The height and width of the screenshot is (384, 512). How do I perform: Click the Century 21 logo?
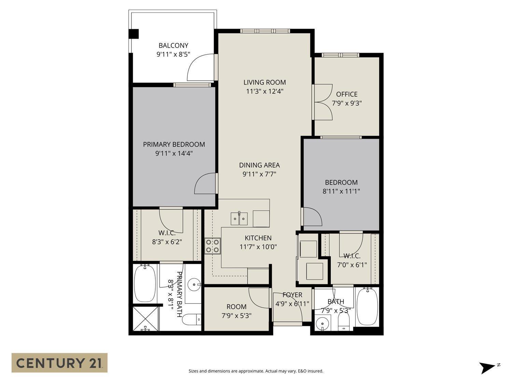(59, 362)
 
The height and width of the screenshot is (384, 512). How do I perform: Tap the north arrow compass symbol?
(487, 368)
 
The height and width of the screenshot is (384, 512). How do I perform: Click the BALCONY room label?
(173, 45)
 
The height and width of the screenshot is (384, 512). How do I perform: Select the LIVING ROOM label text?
(265, 82)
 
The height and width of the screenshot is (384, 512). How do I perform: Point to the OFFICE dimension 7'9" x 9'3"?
(347, 103)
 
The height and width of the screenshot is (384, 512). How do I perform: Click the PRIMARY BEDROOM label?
(174, 144)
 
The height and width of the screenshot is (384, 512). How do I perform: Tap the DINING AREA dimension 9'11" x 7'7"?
(259, 174)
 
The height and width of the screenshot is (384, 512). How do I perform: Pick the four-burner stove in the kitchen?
(213, 246)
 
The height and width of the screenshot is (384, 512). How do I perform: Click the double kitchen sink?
(239, 218)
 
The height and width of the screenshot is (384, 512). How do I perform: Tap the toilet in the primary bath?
(191, 320)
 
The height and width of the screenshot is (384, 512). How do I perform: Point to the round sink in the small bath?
(322, 323)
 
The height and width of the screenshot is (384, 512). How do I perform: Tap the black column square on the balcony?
(133, 34)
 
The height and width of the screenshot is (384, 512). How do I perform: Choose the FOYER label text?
(292, 295)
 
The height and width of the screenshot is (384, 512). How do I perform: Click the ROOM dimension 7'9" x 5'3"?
(237, 316)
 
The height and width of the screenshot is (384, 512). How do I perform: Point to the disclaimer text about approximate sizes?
(256, 371)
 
